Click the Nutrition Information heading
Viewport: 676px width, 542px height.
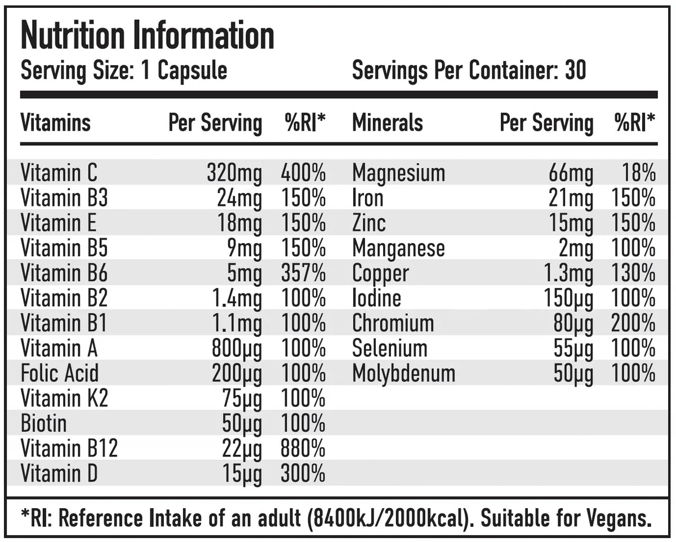[148, 36]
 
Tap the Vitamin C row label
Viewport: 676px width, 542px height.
[59, 173]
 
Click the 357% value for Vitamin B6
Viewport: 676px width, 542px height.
[303, 273]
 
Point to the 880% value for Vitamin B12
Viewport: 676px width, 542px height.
[303, 448]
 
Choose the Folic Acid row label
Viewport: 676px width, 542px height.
[60, 373]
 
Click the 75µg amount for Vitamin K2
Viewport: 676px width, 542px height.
[242, 399]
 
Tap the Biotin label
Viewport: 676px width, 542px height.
[43, 423]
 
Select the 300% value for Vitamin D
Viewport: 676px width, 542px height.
[303, 473]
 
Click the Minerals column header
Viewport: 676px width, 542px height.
[388, 122]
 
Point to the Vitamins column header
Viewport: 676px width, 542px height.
[55, 122]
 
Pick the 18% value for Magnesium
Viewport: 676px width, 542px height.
[639, 173]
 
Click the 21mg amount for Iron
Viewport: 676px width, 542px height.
[571, 199]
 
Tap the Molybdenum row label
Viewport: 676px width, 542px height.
[403, 373]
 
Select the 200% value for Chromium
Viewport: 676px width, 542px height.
[633, 323]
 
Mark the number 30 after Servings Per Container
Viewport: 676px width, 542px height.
[575, 71]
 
